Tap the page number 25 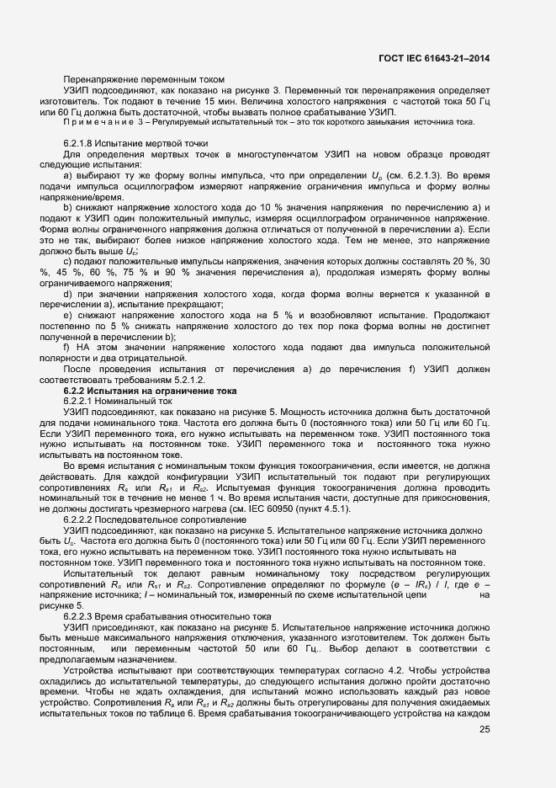485,729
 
